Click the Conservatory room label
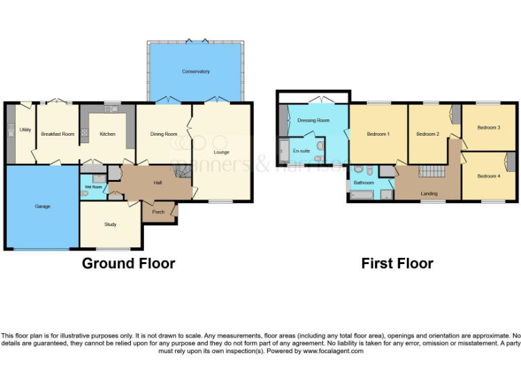click(195, 71)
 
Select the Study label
click(110, 224)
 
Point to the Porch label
click(157, 212)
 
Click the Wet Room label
click(93, 187)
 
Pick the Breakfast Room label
click(58, 134)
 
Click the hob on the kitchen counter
click(85, 134)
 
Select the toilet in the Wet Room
click(83, 193)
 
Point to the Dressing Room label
click(313, 120)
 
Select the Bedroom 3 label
click(488, 127)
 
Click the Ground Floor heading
click(128, 263)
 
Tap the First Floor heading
click(397, 263)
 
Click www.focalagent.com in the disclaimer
click(333, 351)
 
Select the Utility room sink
click(11, 133)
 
